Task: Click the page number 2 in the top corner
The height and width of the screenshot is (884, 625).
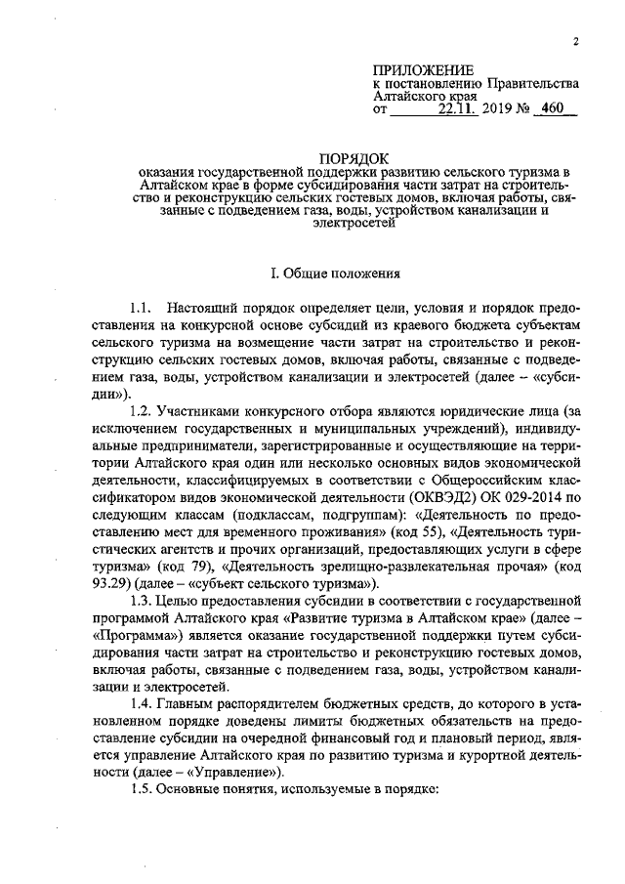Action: pyautogui.click(x=576, y=42)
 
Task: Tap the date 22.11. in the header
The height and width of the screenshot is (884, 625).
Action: pyautogui.click(x=460, y=111)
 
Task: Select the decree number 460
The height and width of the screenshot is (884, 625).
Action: pyautogui.click(x=554, y=110)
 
